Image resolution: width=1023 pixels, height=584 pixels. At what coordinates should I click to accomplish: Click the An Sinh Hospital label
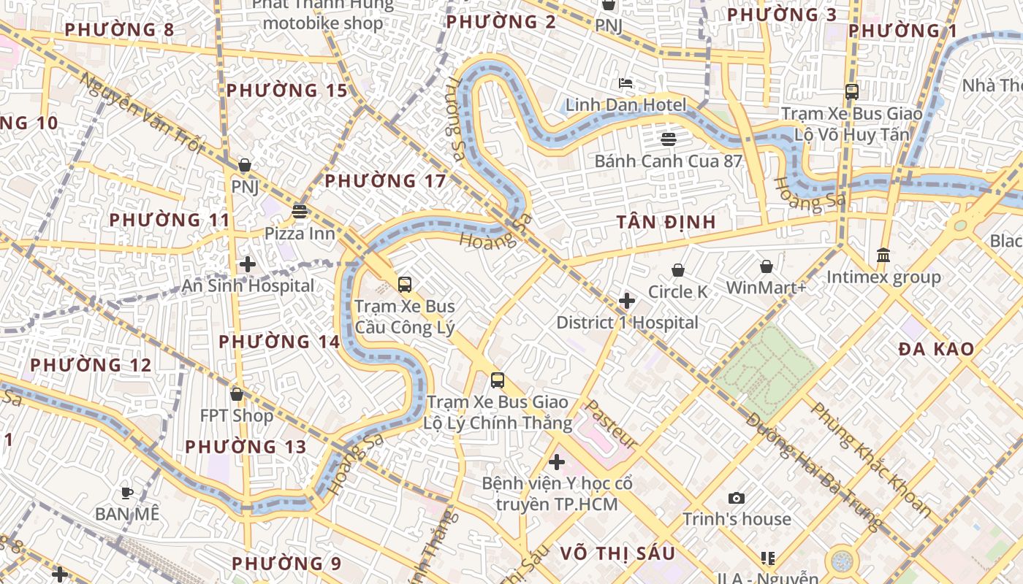248,285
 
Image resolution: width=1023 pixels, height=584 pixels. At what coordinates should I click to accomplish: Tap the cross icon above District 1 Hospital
626,301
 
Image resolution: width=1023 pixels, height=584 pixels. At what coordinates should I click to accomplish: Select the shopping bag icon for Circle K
678,270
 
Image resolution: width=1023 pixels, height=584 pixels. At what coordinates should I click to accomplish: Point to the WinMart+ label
766,288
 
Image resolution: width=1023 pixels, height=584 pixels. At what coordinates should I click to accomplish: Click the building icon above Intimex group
883,255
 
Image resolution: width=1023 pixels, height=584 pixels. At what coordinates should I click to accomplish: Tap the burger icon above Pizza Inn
300,212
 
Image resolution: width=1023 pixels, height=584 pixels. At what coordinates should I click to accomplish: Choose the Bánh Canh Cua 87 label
668,161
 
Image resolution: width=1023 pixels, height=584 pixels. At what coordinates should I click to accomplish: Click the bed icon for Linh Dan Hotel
625,83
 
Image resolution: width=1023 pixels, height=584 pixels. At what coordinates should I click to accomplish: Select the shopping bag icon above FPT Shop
237,394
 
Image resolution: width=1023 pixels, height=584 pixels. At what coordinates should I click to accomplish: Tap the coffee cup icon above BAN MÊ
127,493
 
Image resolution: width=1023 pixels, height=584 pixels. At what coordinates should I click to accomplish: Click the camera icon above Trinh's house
737,499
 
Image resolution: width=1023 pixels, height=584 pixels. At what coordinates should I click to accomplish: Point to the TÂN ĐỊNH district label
666,222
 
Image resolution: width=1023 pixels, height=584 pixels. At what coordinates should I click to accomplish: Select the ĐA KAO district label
936,349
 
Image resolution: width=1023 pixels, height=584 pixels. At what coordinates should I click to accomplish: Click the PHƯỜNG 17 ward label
385,181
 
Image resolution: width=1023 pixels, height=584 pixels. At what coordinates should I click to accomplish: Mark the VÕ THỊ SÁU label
617,553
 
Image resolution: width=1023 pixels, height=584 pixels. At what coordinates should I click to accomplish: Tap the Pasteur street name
612,424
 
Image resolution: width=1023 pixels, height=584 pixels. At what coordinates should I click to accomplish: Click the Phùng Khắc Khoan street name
870,459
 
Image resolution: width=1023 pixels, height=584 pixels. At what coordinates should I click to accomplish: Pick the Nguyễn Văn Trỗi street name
140,114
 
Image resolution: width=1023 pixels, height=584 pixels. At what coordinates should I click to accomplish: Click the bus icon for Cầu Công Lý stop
405,285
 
